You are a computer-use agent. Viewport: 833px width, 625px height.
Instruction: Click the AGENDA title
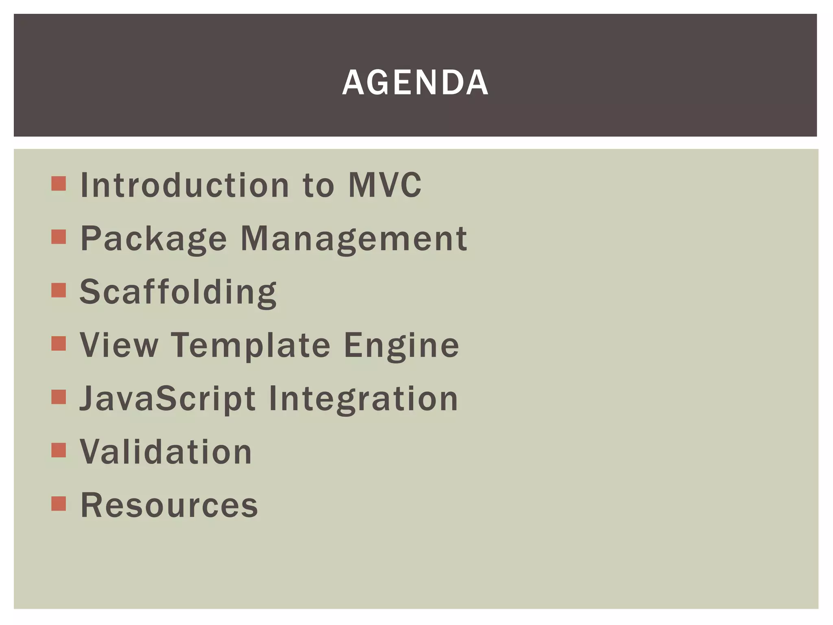tap(415, 83)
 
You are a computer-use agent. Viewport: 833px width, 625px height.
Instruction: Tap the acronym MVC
tap(385, 185)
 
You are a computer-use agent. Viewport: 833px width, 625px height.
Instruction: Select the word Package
tap(153, 239)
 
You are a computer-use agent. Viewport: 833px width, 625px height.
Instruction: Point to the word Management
tap(354, 239)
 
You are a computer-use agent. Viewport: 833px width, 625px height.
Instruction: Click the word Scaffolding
tap(178, 292)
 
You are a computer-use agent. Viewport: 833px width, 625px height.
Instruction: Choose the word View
tap(119, 345)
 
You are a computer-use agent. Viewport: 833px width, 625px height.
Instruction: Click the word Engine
tap(401, 345)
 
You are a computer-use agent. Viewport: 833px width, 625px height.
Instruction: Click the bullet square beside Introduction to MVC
tap(59, 184)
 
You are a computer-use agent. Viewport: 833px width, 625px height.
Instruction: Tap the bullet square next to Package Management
tap(59, 237)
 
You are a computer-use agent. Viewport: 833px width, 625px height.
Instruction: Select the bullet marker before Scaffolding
tap(59, 290)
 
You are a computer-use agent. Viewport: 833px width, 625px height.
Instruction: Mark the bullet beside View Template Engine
tap(59, 343)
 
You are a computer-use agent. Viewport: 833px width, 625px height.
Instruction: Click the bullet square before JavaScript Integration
tap(59, 397)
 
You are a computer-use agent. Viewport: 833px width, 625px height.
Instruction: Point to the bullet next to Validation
tap(59, 450)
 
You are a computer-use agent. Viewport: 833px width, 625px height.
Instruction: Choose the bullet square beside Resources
tap(59, 503)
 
